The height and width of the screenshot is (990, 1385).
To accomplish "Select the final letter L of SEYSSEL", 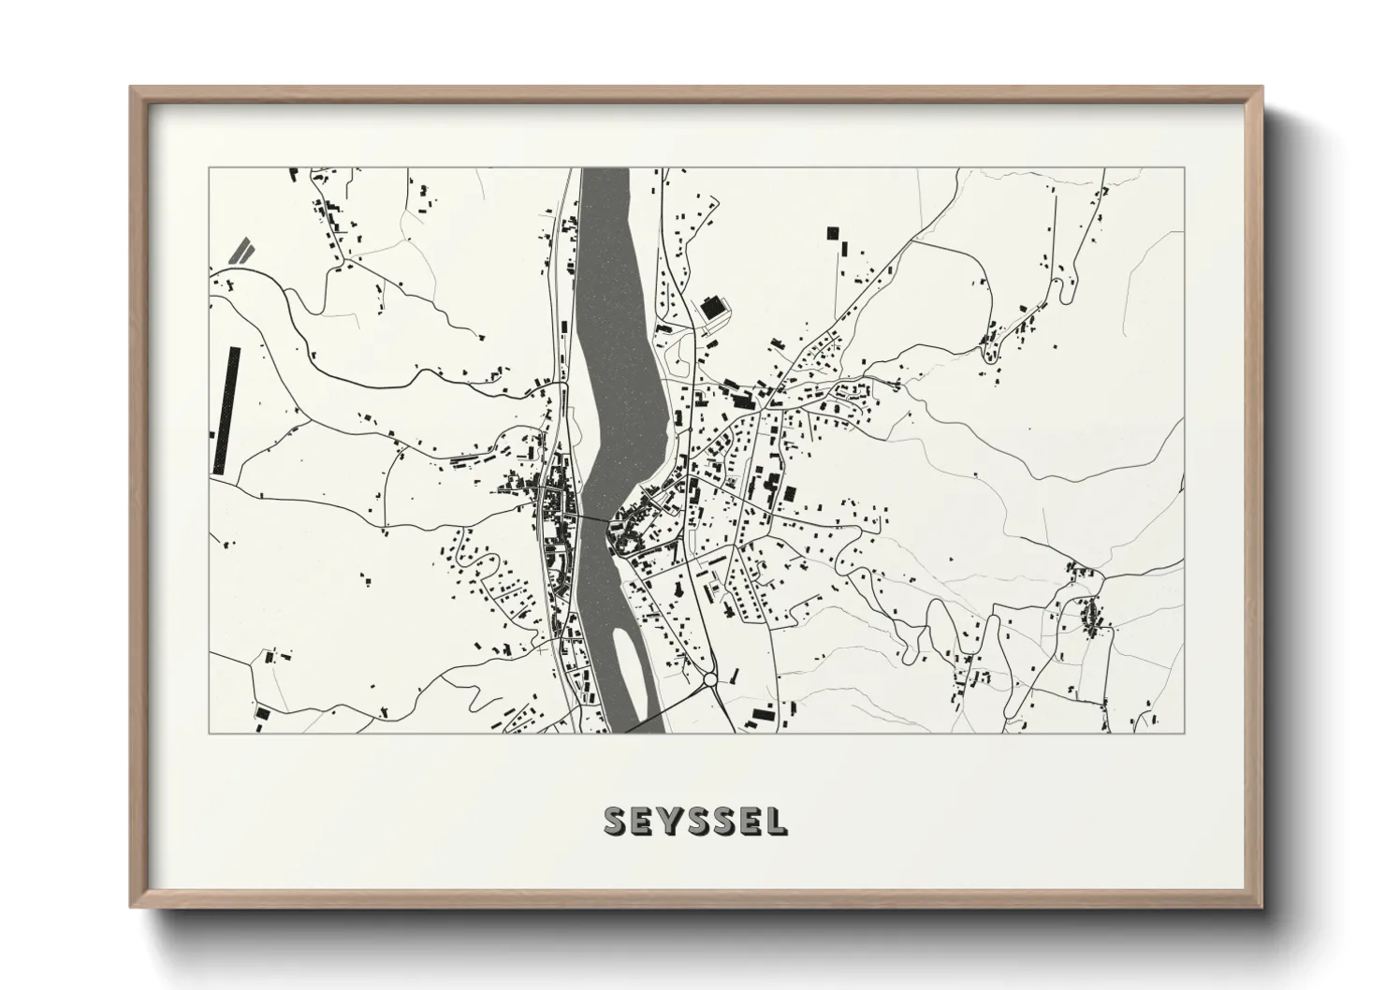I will (778, 821).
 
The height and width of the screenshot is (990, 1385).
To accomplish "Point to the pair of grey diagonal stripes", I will (241, 250).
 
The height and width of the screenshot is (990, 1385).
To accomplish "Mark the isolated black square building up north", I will (830, 233).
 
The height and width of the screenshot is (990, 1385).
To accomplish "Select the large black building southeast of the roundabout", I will (763, 716).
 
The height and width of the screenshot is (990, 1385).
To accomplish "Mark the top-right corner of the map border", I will (1184, 168).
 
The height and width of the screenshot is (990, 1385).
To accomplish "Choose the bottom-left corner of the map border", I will (209, 733).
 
